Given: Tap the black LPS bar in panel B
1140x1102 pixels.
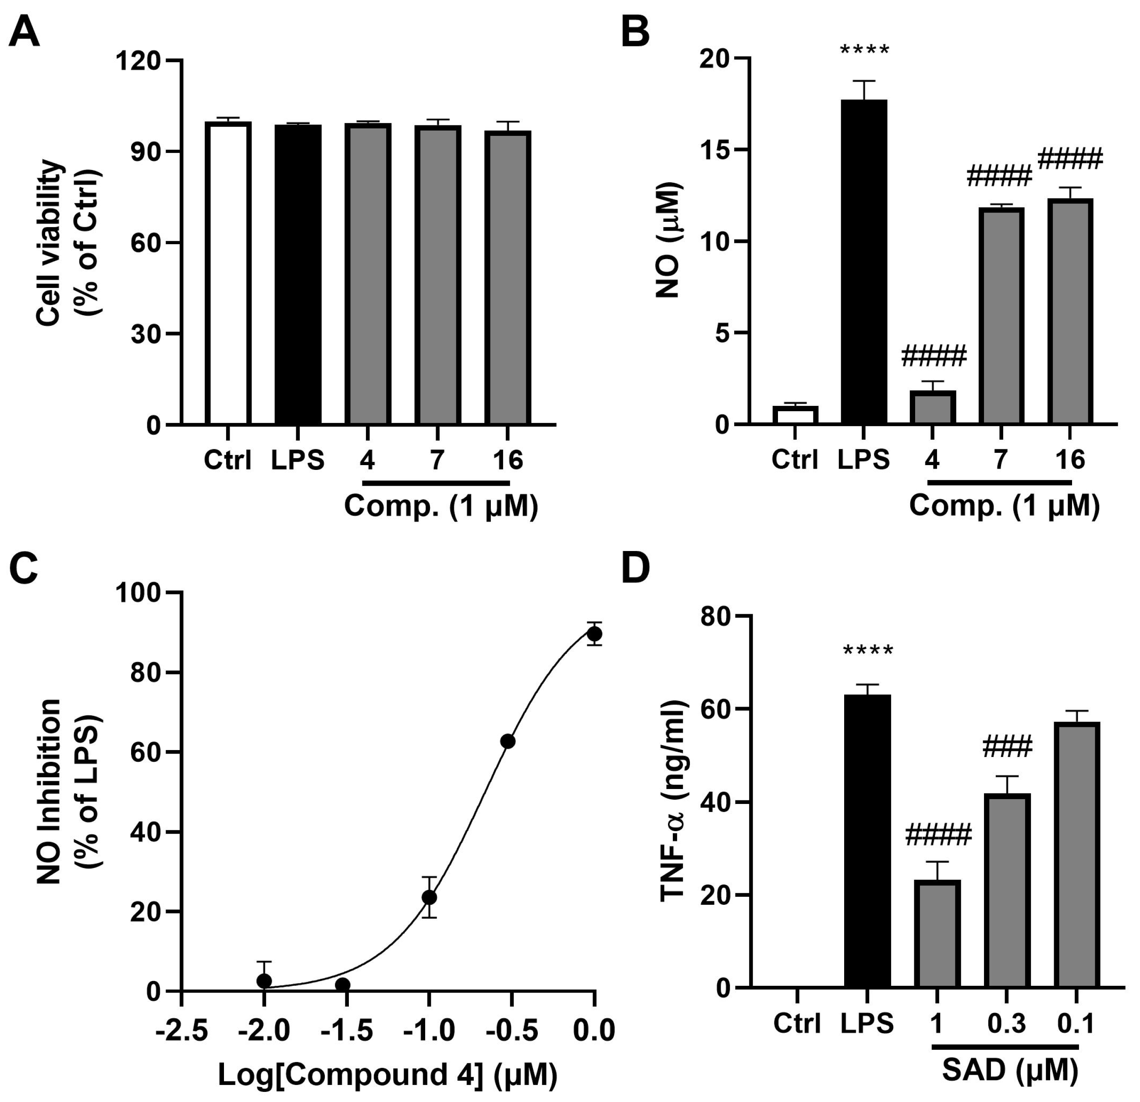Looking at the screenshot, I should tap(864, 262).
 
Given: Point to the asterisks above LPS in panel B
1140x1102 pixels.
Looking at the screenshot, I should tap(864, 50).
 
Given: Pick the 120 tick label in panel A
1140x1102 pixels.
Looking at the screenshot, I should tap(138, 60).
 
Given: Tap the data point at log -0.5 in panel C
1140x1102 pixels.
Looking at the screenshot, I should tap(508, 741).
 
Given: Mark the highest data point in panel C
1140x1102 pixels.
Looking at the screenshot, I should tap(594, 633).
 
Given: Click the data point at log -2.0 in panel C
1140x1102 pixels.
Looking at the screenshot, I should tap(264, 981).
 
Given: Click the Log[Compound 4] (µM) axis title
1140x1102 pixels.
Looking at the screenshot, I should tap(387, 1075).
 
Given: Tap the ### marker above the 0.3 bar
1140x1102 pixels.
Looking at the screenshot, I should tap(1007, 747).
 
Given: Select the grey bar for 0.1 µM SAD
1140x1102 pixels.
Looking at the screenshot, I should tap(1076, 855).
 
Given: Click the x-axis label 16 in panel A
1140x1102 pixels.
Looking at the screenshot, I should tap(508, 460).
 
